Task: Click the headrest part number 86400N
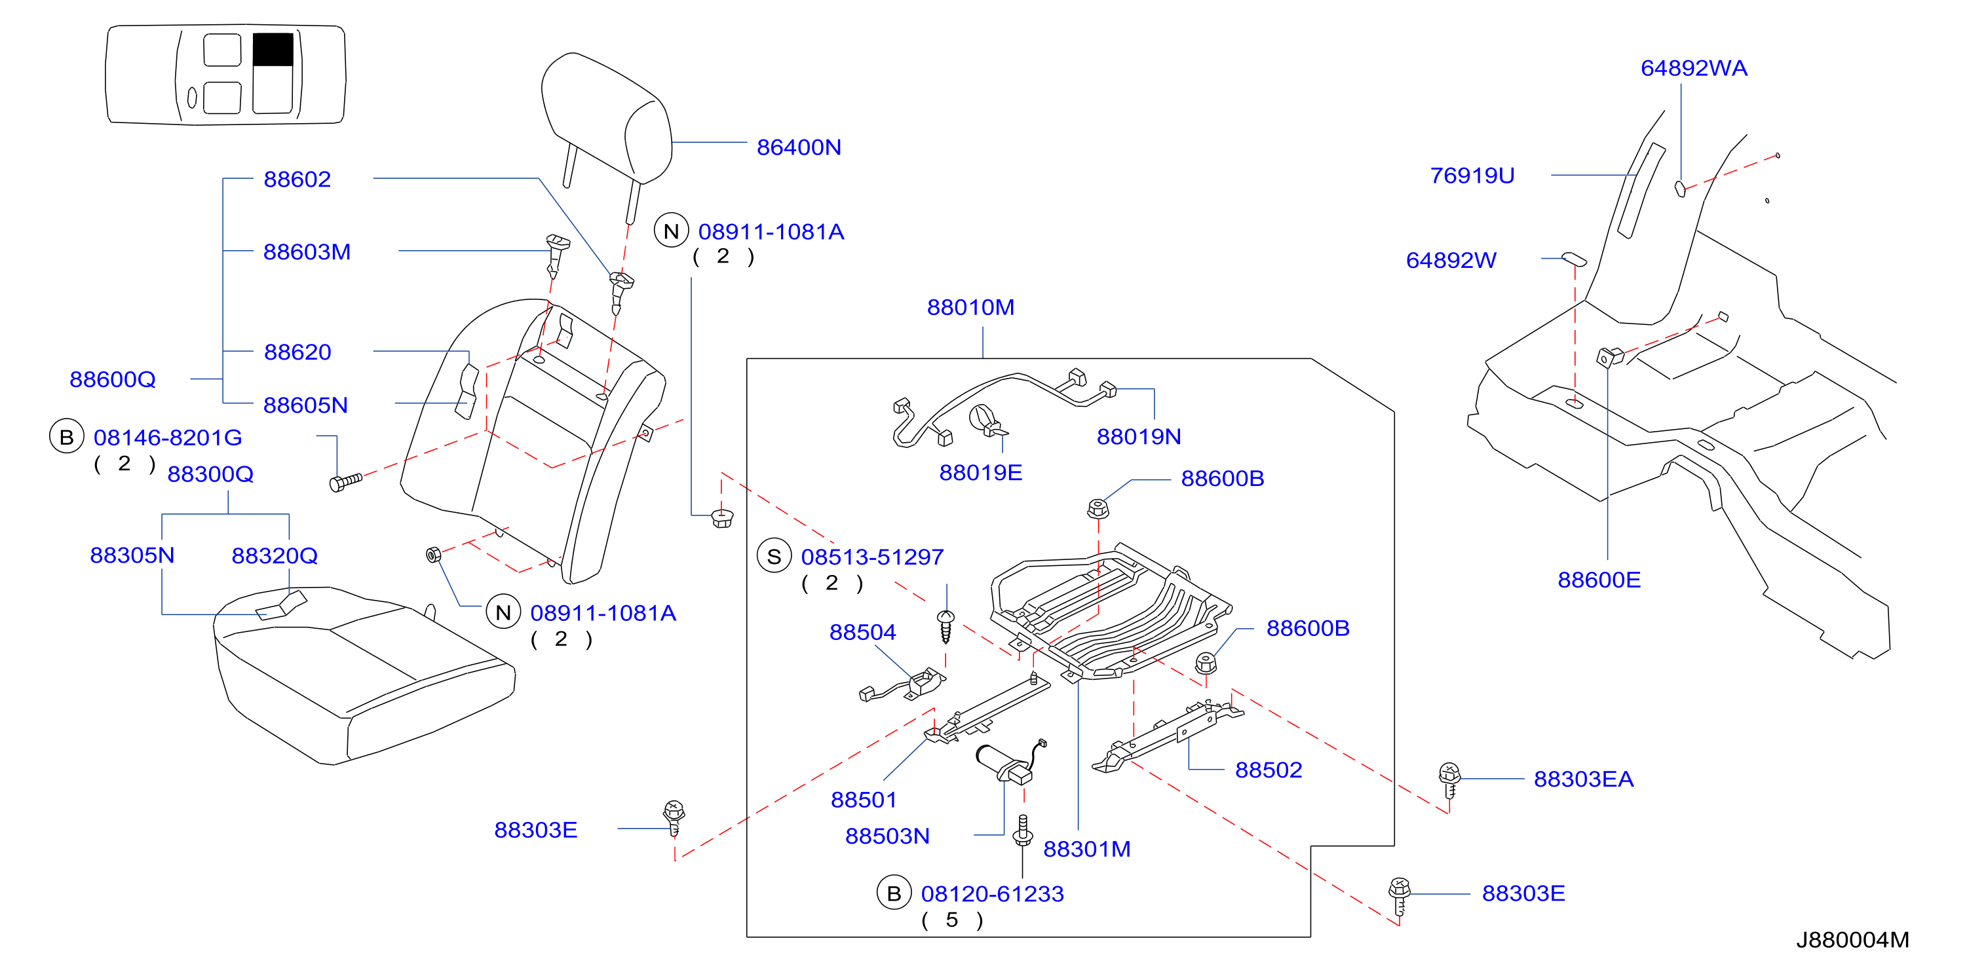pyautogui.click(x=799, y=147)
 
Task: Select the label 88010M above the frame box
pyautogui.click(x=970, y=308)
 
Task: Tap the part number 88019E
pyautogui.click(x=981, y=472)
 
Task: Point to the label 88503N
pyautogui.click(x=887, y=836)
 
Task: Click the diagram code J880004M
pyautogui.click(x=1852, y=941)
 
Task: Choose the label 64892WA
pyautogui.click(x=1694, y=69)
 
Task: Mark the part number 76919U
pyautogui.click(x=1472, y=176)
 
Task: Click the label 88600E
pyautogui.click(x=1599, y=580)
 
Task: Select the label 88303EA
pyautogui.click(x=1584, y=779)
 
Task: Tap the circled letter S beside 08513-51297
pyautogui.click(x=774, y=557)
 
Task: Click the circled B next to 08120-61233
pyautogui.click(x=894, y=893)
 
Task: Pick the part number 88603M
pyautogui.click(x=307, y=252)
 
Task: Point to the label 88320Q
pyautogui.click(x=275, y=556)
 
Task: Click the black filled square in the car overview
pyautogui.click(x=273, y=49)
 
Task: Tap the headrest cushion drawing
pyautogui.click(x=607, y=119)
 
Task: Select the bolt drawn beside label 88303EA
pyautogui.click(x=1449, y=780)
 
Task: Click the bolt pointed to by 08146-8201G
pyautogui.click(x=345, y=482)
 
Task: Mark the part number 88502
pyautogui.click(x=1269, y=770)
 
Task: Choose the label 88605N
pyautogui.click(x=305, y=405)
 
